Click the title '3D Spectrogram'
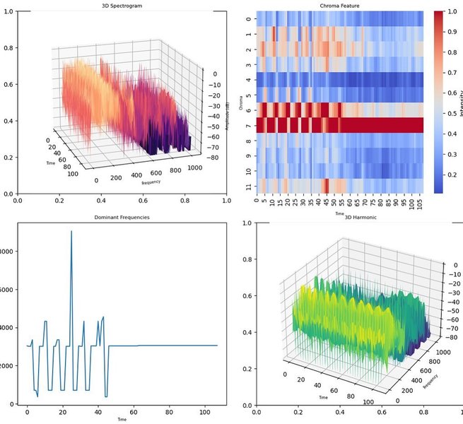122,6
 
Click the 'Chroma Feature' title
339,6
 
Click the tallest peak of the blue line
71,231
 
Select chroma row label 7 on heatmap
247,125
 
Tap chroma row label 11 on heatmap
247,187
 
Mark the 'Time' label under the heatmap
339,212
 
